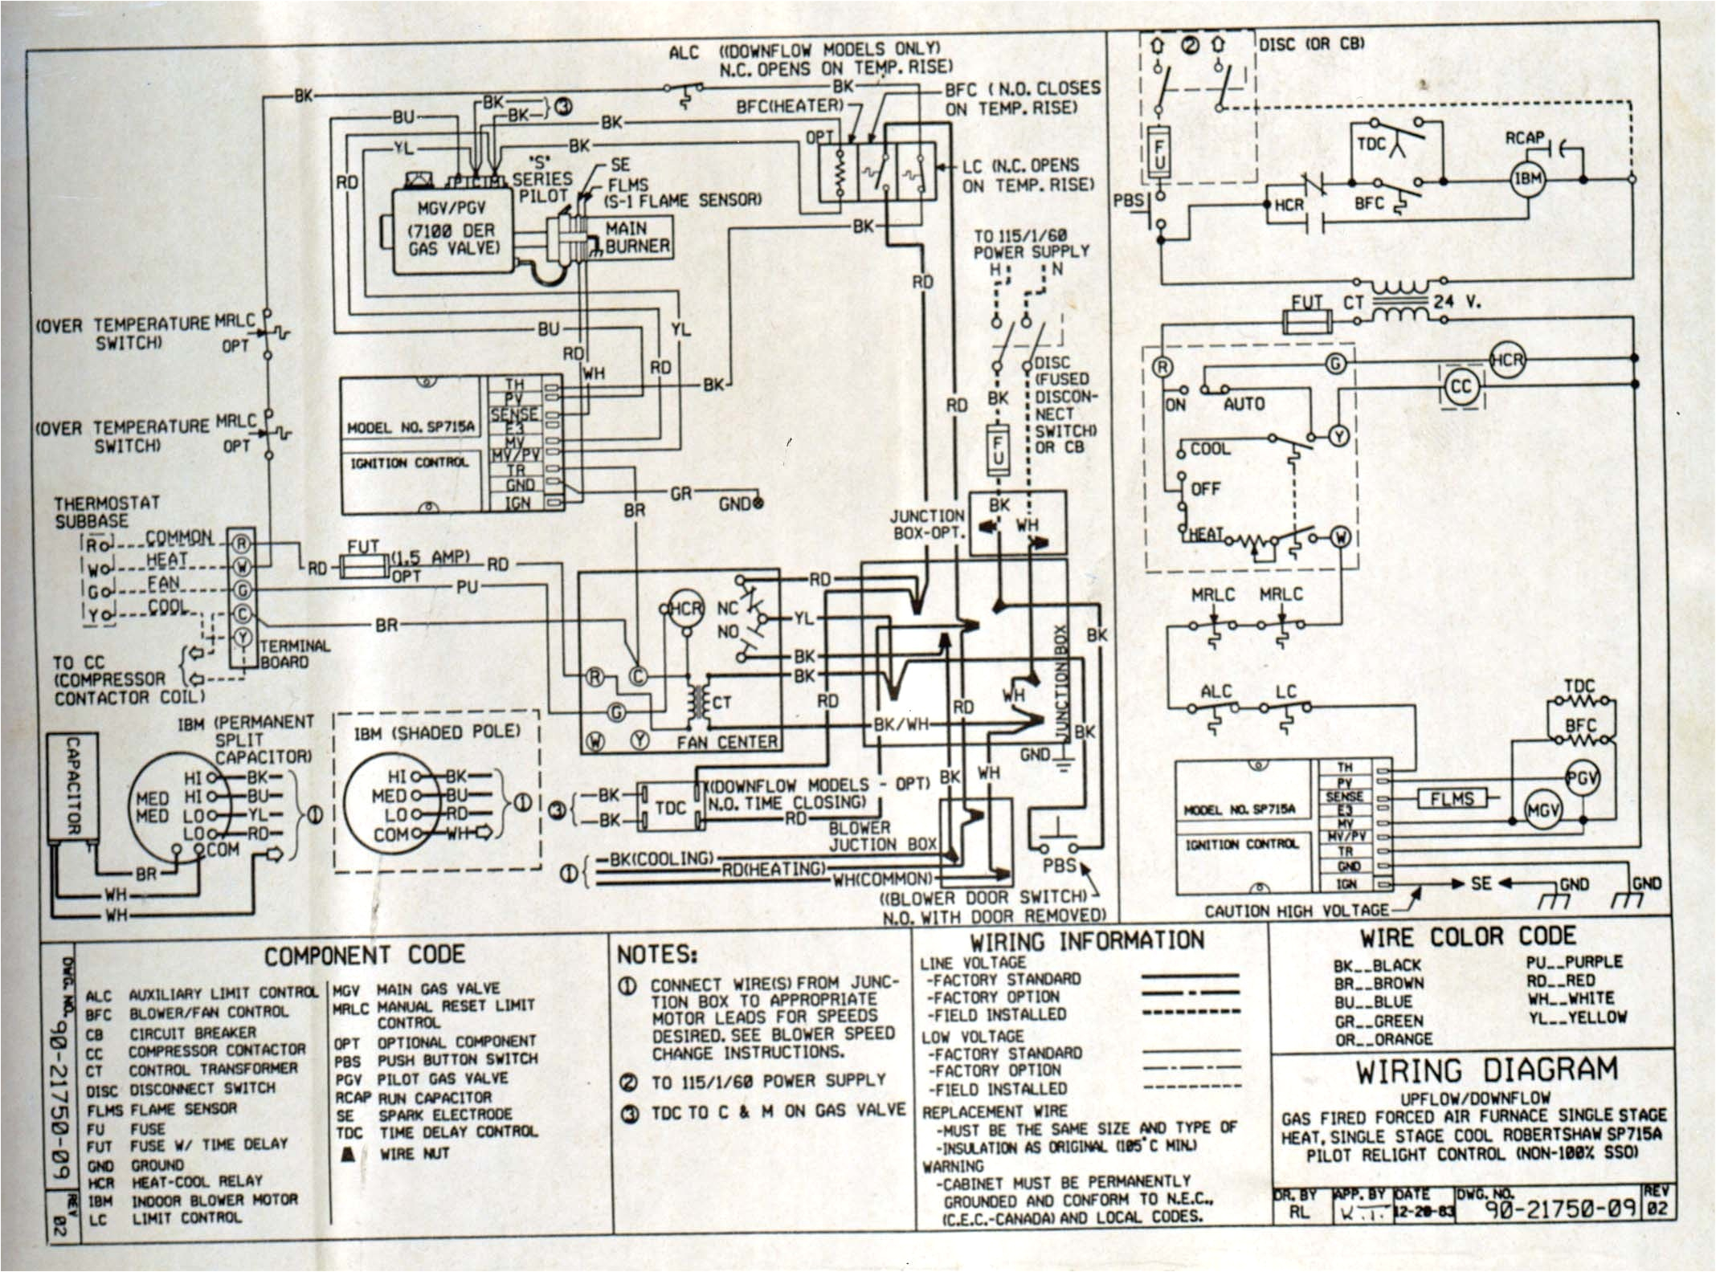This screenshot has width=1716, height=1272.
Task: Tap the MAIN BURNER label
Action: click(x=637, y=238)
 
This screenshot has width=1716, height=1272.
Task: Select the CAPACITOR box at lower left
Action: click(x=73, y=786)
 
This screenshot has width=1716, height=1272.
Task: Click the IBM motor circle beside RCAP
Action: click(x=1528, y=178)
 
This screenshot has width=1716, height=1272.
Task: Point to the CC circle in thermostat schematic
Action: click(x=1461, y=387)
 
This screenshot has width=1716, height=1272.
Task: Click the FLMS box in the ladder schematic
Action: click(x=1452, y=798)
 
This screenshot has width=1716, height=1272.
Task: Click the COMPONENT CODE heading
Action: click(x=365, y=955)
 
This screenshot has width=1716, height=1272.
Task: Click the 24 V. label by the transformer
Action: click(x=1456, y=304)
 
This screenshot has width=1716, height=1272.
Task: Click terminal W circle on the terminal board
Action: click(x=243, y=567)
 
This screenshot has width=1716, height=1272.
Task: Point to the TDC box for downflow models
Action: click(x=671, y=807)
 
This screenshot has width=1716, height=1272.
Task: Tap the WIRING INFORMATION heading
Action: click(x=1087, y=941)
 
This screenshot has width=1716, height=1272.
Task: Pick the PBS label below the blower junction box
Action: click(x=1059, y=866)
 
